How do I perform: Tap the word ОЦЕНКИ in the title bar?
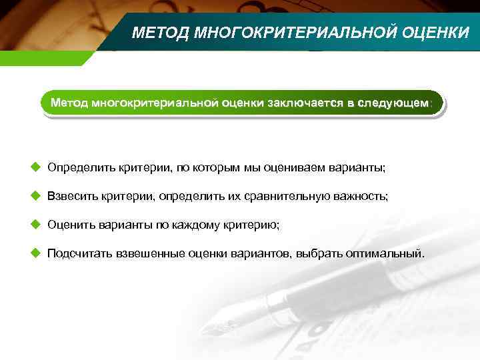[435, 33]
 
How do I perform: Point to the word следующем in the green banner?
[394, 104]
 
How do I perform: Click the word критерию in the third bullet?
[254, 225]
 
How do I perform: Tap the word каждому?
[198, 225]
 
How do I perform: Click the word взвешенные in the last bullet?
[151, 254]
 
